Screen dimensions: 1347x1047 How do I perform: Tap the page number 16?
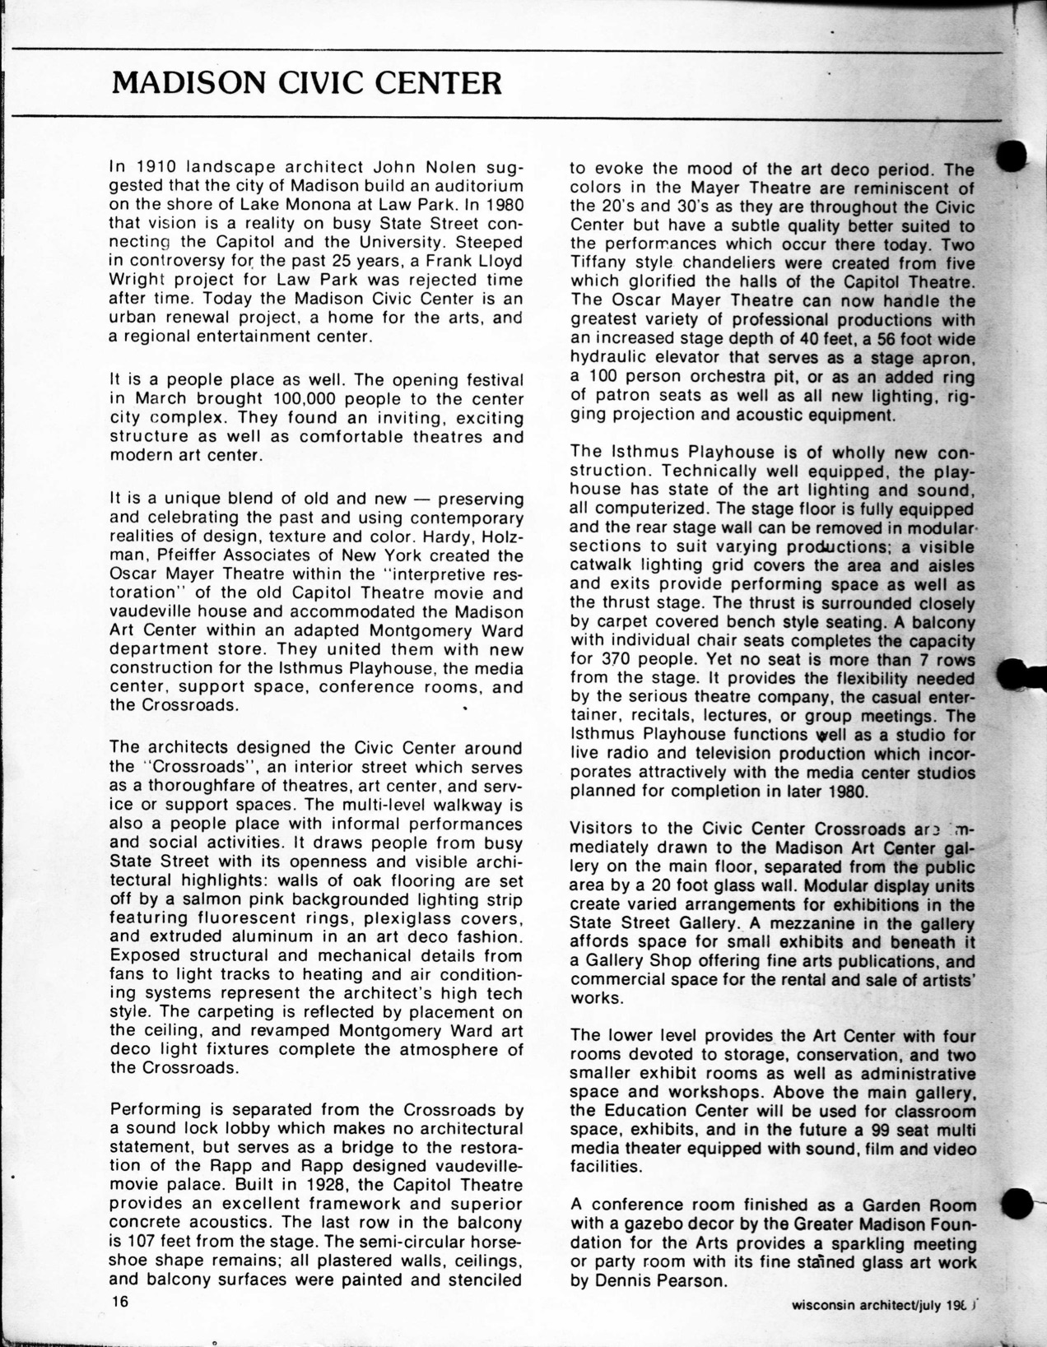(122, 1301)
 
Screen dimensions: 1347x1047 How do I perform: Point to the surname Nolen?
(455, 165)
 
